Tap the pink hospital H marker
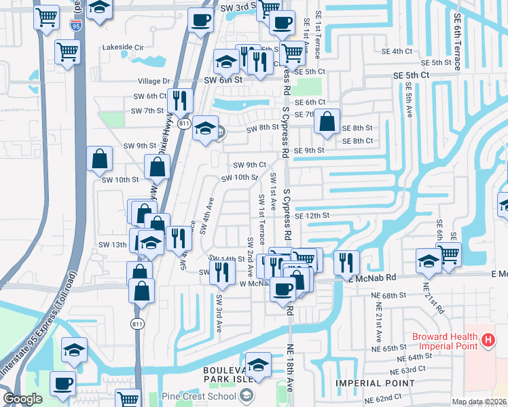[x=488, y=340]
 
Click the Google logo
[x=22, y=399]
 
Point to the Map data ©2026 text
[x=478, y=402]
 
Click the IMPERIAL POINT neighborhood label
[x=375, y=383]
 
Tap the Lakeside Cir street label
[x=124, y=47]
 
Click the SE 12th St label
[x=312, y=216]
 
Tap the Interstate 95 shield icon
[x=77, y=26]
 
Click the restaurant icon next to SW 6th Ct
[x=179, y=100]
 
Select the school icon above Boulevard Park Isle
[x=258, y=364]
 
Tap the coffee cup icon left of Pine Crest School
[x=63, y=383]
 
